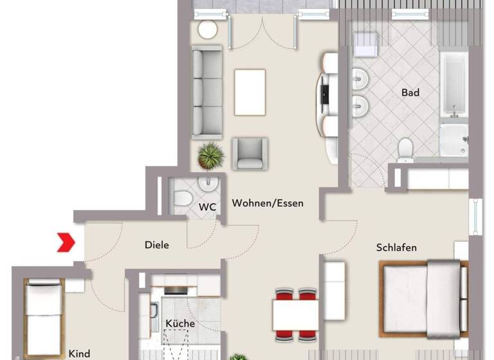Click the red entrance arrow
[x=66, y=242]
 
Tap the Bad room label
[x=410, y=93]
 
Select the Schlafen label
[x=396, y=248]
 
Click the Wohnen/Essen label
[x=268, y=203]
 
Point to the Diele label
[x=157, y=245]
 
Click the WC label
[x=207, y=207]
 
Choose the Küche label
[x=180, y=323]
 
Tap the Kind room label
[x=79, y=354]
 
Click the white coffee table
[x=250, y=91]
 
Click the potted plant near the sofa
[x=210, y=155]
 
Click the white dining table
[x=295, y=315]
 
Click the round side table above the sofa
[x=207, y=29]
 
